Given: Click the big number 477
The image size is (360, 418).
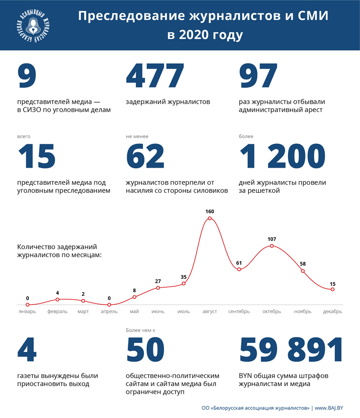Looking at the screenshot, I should click(155, 76).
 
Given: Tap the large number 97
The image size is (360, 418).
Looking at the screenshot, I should click(258, 76).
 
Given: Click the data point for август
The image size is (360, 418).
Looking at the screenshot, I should click(210, 219).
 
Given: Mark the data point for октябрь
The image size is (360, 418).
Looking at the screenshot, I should click(271, 246).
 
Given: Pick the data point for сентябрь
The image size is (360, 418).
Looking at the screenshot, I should click(239, 269).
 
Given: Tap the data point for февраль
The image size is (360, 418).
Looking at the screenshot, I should click(57, 299).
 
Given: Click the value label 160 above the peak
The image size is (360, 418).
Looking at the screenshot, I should click(210, 211).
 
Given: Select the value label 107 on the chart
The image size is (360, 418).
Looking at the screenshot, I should click(271, 239).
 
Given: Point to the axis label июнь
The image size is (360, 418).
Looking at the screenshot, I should click(158, 311).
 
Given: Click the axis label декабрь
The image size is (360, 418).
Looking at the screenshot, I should click(333, 311).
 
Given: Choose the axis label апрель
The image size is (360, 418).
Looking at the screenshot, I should click(109, 311).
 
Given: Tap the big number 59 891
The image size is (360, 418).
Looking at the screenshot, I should click(291, 351).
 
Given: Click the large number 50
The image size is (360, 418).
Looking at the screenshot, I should click(145, 351).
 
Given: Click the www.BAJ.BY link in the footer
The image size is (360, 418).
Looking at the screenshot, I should click(329, 408).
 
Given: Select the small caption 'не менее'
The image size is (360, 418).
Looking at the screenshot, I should click(137, 136).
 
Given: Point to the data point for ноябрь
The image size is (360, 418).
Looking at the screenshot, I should click(303, 271).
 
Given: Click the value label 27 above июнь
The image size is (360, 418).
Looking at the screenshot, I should click(158, 281).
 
